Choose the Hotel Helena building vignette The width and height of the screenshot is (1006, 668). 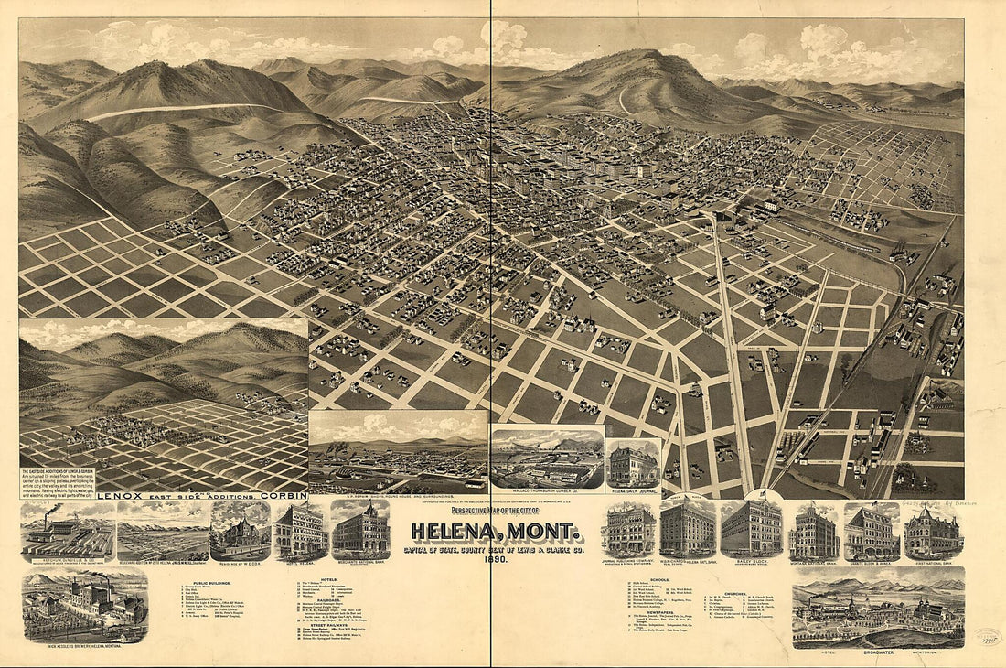coord(299,531)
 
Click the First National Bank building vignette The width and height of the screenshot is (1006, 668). coord(933,530)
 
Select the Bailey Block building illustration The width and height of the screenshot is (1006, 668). coord(751,529)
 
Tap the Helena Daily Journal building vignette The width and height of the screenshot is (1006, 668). coord(633,464)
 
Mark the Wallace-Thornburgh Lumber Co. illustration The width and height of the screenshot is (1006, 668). coord(547,458)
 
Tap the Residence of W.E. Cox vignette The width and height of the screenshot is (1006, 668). coord(240,531)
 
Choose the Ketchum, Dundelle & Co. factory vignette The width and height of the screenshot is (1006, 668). coord(68,531)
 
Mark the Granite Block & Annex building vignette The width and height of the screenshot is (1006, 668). coord(872,530)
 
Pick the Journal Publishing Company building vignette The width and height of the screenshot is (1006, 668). coord(628,530)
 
